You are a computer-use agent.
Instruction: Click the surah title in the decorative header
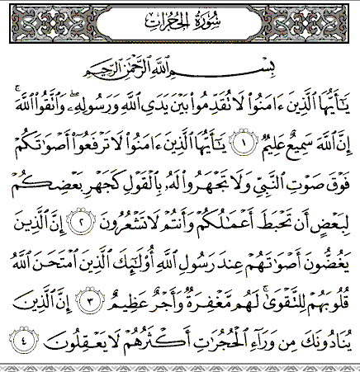179,18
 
